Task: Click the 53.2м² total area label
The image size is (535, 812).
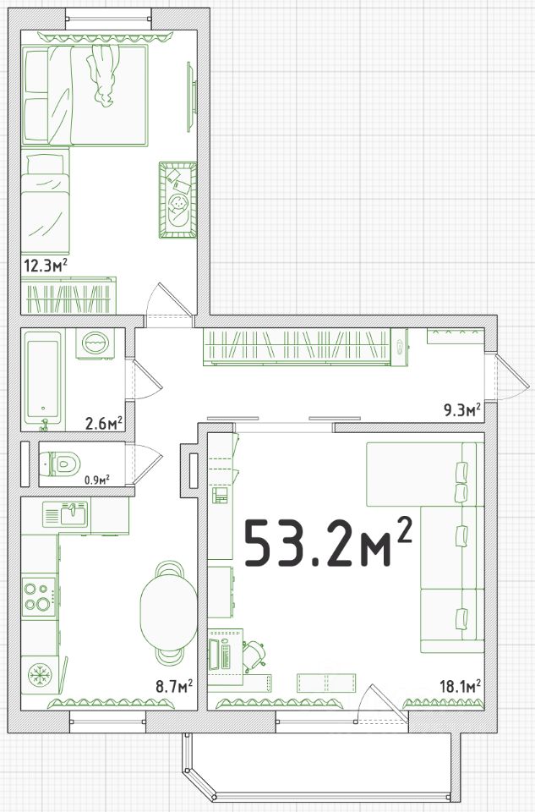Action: click(x=328, y=542)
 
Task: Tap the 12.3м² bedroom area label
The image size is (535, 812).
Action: click(x=46, y=266)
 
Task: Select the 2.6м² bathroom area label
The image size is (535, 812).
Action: click(x=103, y=423)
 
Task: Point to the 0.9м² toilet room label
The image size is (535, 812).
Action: click(x=97, y=479)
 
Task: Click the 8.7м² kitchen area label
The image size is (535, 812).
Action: click(x=174, y=686)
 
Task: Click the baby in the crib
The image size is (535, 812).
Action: click(x=178, y=208)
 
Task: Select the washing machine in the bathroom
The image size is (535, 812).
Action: click(x=94, y=343)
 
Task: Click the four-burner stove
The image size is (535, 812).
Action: click(x=39, y=596)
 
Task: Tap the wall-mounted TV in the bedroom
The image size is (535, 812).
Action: click(x=190, y=96)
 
